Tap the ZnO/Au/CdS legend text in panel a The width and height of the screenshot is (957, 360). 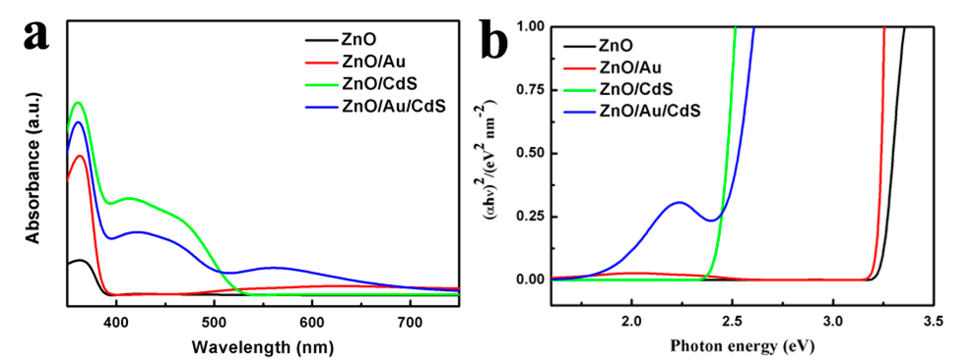point(393,106)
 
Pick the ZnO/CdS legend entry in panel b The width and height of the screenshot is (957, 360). point(636,89)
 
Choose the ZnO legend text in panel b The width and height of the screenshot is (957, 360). point(616,46)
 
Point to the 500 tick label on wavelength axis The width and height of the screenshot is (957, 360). point(214,322)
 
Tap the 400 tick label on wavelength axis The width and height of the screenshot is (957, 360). point(116,322)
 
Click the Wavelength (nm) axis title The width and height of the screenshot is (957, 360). point(263,347)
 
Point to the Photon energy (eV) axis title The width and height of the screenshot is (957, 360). point(742,346)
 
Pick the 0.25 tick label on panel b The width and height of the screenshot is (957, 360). point(530,216)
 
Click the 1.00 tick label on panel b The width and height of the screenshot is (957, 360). point(530,27)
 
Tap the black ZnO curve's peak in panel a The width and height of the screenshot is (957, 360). point(80,260)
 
